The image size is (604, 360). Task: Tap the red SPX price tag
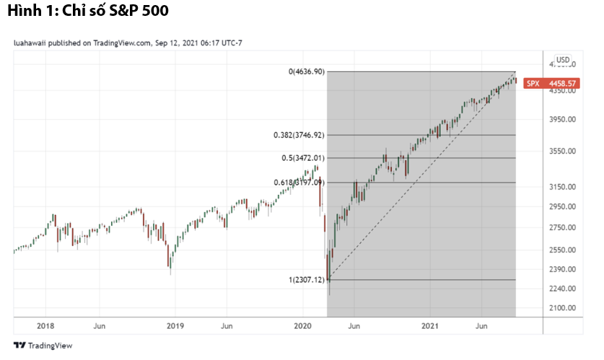click(x=550, y=83)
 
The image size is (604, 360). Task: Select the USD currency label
click(x=563, y=60)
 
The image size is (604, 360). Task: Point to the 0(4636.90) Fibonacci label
click(x=307, y=71)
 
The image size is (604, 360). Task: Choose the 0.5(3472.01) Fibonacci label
click(x=303, y=158)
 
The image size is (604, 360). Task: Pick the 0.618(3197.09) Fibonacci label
click(x=299, y=183)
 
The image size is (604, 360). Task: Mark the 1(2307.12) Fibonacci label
click(x=307, y=280)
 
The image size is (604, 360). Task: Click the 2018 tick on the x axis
click(x=45, y=326)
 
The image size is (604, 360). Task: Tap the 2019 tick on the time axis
click(x=175, y=326)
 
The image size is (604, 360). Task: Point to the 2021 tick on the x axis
click(x=431, y=326)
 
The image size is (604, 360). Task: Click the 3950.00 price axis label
click(x=561, y=120)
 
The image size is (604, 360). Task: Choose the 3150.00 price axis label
click(x=561, y=187)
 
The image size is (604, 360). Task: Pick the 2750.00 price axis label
click(x=561, y=227)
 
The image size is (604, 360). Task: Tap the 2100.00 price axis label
click(x=561, y=308)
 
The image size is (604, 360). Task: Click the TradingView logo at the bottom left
click(x=43, y=346)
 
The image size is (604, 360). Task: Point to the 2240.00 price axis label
click(x=561, y=289)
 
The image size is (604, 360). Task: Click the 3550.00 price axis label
click(x=561, y=152)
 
